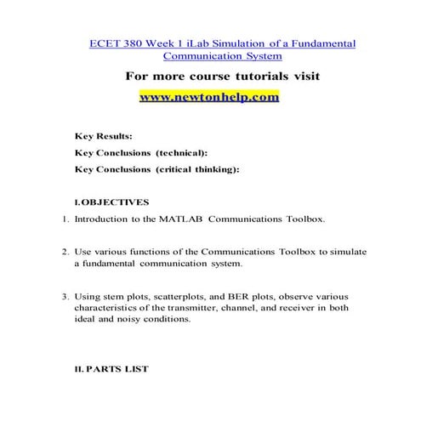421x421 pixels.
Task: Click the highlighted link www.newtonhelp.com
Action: click(208, 97)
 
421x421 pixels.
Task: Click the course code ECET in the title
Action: click(103, 43)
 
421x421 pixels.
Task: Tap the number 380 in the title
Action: click(133, 43)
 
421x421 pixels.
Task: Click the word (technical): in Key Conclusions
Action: click(180, 152)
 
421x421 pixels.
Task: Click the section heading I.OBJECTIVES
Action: click(111, 202)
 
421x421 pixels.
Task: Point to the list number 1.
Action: click(65, 219)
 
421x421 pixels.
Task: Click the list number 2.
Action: click(65, 252)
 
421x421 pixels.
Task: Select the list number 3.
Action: click(65, 297)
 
